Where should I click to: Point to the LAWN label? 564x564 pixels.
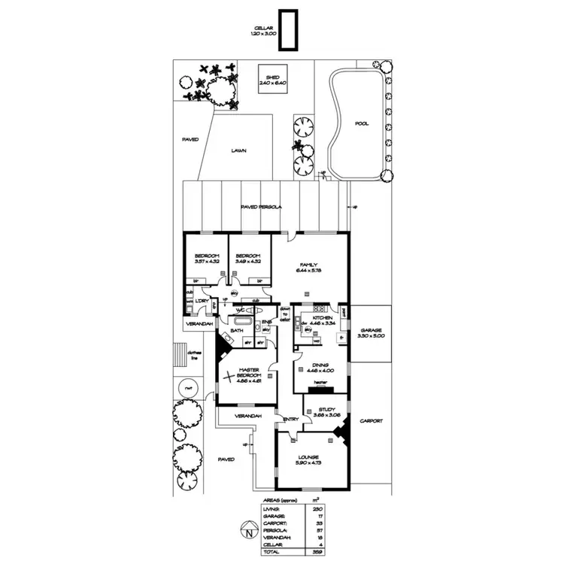pos(238,150)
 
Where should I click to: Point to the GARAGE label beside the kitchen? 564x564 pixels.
pos(372,331)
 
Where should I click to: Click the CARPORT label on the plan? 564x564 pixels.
pos(371,421)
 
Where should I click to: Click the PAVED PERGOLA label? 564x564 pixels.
pos(261,207)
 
